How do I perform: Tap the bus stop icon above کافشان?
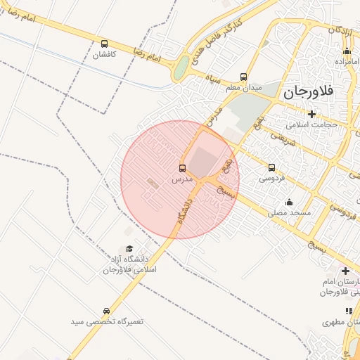(x=105, y=44)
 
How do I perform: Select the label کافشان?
(x=105, y=55)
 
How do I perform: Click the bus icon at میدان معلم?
(x=244, y=77)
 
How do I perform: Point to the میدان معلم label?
(x=243, y=88)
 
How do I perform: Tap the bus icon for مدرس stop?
(x=183, y=168)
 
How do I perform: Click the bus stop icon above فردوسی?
(x=272, y=167)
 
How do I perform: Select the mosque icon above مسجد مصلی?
(x=289, y=202)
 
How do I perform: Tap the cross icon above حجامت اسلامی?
(x=311, y=114)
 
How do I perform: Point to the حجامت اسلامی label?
(x=311, y=124)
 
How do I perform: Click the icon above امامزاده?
(x=347, y=51)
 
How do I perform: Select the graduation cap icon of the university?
(x=129, y=249)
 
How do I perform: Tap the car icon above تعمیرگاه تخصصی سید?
(x=106, y=311)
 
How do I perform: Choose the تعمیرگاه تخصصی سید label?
(x=106, y=321)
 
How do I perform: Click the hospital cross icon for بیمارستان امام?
(x=345, y=271)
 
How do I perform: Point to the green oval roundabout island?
(x=181, y=68)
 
